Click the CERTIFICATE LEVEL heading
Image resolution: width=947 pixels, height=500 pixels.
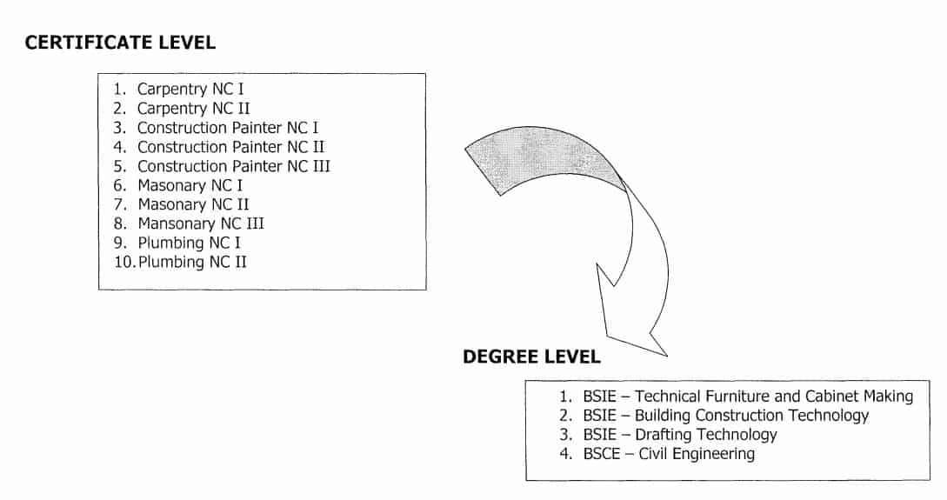120,43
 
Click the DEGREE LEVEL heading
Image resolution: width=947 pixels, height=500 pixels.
531,357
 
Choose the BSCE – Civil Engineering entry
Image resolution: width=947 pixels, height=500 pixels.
669,453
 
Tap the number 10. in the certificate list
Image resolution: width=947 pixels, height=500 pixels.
124,262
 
